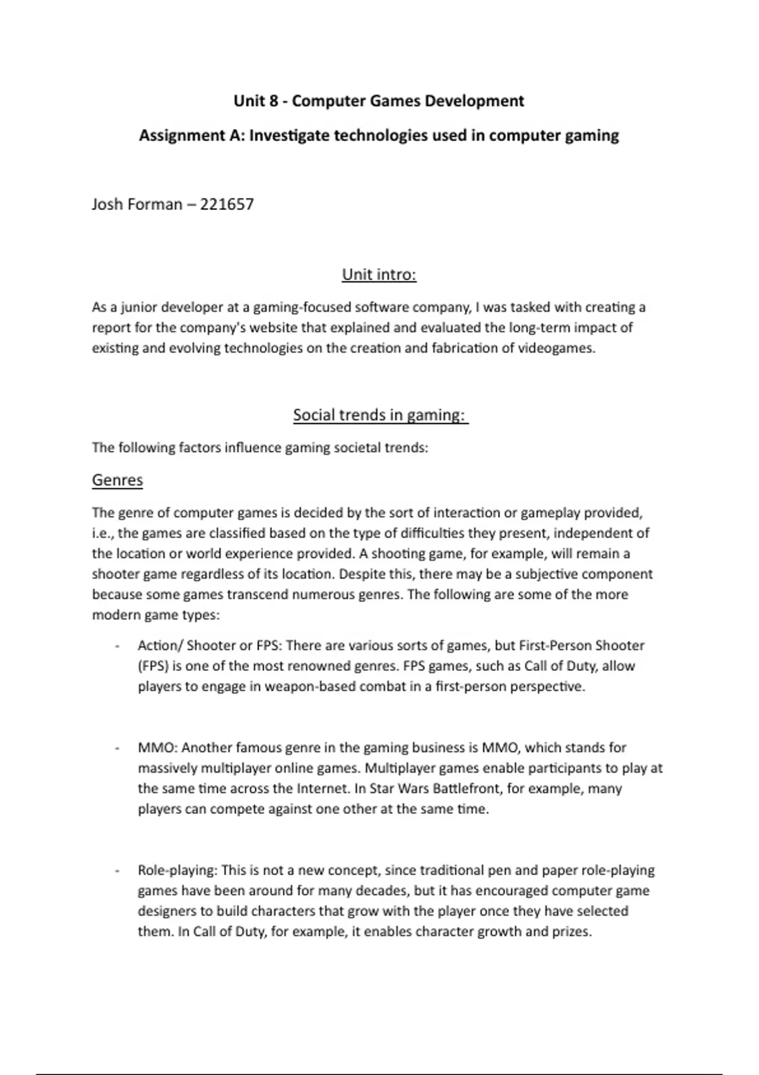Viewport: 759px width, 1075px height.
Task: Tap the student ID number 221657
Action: tap(227, 204)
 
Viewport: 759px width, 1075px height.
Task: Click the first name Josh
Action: tap(108, 204)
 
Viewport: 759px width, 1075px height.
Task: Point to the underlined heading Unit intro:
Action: tap(379, 274)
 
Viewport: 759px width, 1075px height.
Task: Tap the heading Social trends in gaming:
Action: tap(380, 415)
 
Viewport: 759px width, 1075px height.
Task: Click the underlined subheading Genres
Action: tap(117, 480)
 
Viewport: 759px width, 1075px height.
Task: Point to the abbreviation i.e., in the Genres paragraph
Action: tap(103, 533)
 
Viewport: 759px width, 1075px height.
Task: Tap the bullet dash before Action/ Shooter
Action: tap(117, 646)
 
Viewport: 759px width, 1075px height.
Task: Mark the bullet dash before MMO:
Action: tap(117, 748)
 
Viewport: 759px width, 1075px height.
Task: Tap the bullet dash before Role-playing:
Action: tap(117, 871)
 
